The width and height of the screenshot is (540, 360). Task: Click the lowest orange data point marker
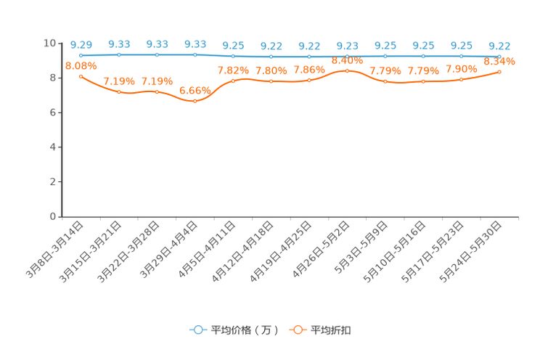coord(195,101)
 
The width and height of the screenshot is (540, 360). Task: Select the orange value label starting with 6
coord(194,91)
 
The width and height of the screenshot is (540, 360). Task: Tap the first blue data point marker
coord(81,55)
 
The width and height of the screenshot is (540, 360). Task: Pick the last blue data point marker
coord(499,56)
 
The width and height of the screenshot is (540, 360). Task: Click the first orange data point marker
coord(81,75)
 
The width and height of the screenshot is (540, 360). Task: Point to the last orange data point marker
coord(499,71)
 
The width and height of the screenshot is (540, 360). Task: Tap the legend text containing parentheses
coord(245,330)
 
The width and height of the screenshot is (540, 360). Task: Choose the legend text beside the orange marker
coord(332,330)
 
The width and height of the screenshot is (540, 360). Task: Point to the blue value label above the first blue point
coord(81,45)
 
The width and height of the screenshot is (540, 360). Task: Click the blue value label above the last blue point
coord(499,46)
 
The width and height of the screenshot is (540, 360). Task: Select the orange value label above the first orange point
coord(81,65)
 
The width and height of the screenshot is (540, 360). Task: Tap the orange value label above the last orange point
coord(499,62)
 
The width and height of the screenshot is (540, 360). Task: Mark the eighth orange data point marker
coord(348,71)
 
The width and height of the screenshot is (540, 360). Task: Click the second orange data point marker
coord(118,91)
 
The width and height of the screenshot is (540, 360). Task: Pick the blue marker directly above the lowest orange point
coord(195,54)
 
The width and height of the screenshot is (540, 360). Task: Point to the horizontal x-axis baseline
coord(290,216)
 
